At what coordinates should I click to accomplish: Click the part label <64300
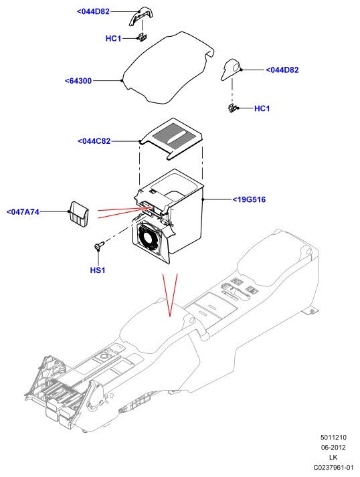[x=78, y=81]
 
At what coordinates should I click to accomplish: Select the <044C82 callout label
[x=94, y=141]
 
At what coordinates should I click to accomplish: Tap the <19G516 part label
[x=249, y=199]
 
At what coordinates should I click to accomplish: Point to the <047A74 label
[x=23, y=211]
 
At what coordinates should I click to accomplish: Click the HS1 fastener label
[x=98, y=270]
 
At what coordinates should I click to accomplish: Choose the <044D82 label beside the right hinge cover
[x=282, y=70]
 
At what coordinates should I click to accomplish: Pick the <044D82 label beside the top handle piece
[x=93, y=11]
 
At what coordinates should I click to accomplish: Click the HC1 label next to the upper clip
[x=113, y=39]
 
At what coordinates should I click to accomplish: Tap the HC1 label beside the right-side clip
[x=262, y=108]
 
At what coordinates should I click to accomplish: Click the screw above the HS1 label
[x=99, y=246]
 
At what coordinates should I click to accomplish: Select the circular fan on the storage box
[x=149, y=235]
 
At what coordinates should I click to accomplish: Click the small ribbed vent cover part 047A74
[x=78, y=214]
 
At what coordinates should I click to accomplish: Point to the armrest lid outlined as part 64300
[x=168, y=68]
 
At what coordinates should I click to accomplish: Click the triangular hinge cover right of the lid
[x=230, y=70]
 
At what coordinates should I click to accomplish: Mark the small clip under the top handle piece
[x=142, y=37]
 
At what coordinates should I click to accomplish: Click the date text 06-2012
[x=333, y=447]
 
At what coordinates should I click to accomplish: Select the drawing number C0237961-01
[x=333, y=467]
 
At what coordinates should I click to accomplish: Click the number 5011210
[x=333, y=438]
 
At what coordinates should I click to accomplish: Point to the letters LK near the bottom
[x=333, y=457]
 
